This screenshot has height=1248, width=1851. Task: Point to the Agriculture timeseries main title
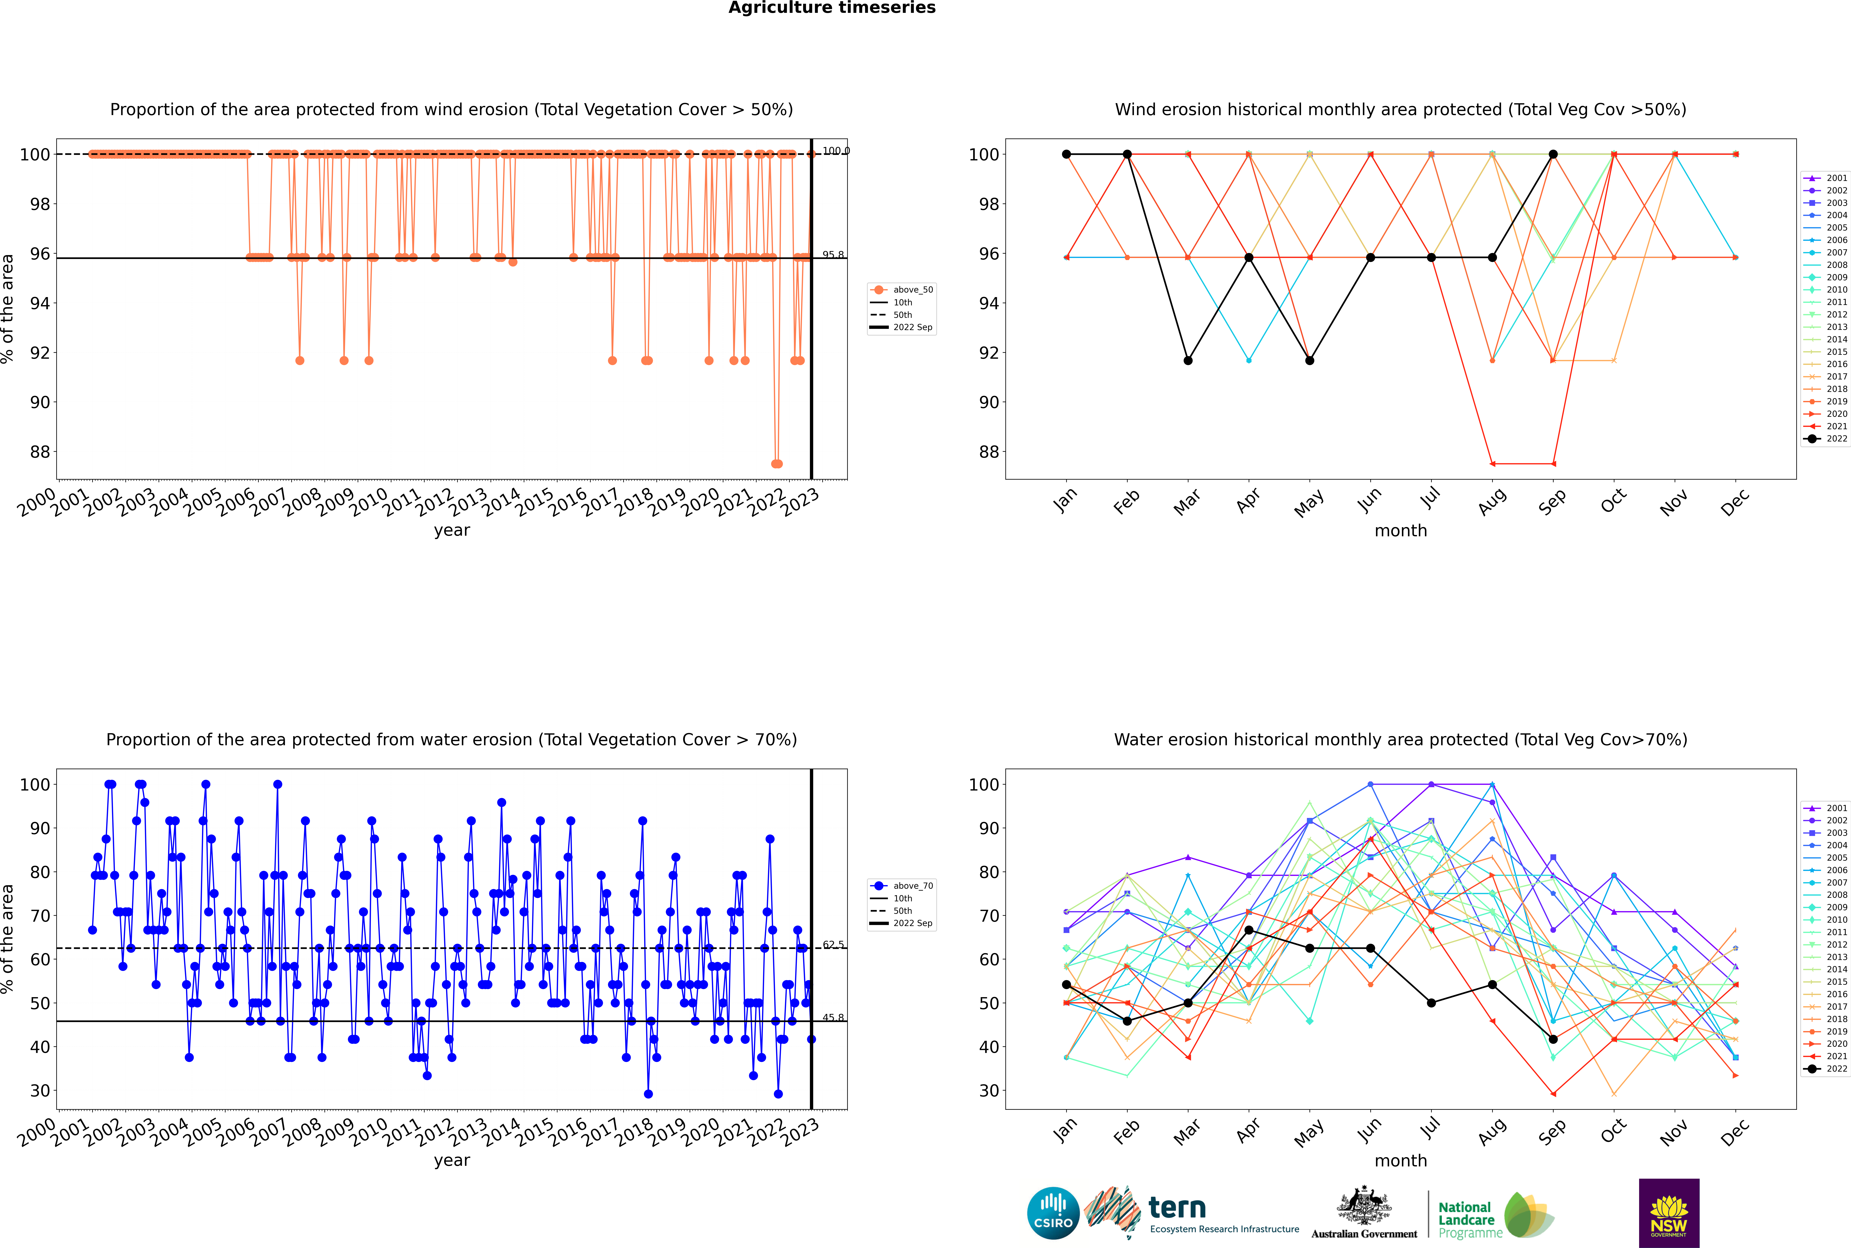[x=832, y=8]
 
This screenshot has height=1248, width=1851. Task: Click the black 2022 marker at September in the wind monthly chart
[x=1553, y=154]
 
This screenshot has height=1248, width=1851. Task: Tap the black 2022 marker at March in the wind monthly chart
[x=1188, y=360]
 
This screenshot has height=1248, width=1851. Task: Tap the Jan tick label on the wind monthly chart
[x=1065, y=501]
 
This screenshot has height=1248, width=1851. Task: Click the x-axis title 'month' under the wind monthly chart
[x=1401, y=531]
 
